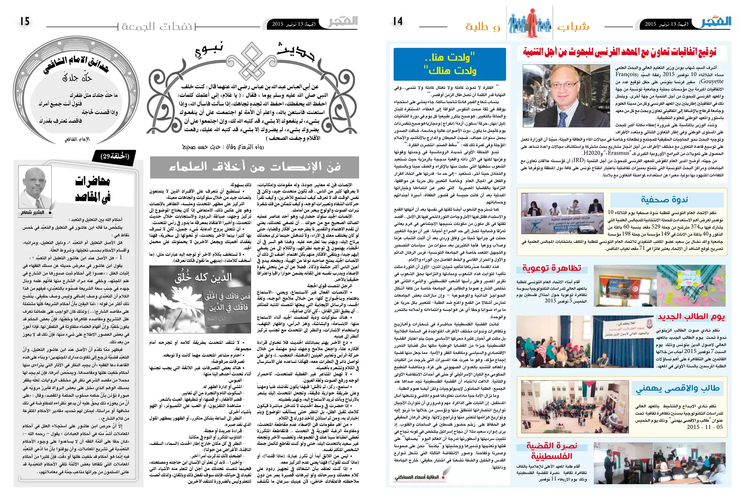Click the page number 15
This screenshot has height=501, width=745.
[x=25, y=21]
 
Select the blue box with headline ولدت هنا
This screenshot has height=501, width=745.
[x=450, y=64]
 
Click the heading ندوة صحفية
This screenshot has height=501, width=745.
[x=664, y=200]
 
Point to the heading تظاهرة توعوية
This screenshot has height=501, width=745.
[x=551, y=268]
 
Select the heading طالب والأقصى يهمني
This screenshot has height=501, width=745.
[x=677, y=389]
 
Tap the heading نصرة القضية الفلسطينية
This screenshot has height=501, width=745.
[x=551, y=451]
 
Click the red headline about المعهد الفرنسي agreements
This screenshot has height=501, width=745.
[x=619, y=52]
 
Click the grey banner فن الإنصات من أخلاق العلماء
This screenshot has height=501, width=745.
[x=254, y=167]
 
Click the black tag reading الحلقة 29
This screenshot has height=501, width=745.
[x=115, y=156]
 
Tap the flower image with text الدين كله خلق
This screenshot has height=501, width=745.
[x=200, y=299]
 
